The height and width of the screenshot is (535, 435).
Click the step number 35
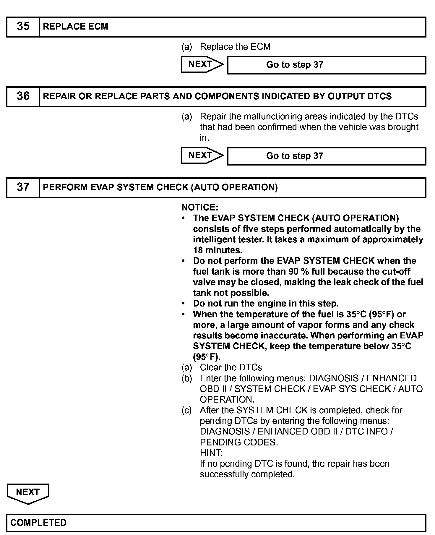tap(23, 27)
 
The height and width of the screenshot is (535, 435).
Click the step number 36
tap(23, 96)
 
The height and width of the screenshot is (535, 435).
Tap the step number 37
tap(23, 187)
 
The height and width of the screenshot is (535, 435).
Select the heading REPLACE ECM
tap(76, 27)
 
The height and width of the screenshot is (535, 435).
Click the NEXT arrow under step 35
tap(202, 64)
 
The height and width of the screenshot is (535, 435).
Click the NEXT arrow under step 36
tap(202, 155)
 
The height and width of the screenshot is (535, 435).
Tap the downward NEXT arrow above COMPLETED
tap(28, 492)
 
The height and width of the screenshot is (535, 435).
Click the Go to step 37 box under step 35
tap(326, 65)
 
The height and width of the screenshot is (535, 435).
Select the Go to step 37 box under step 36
tap(326, 156)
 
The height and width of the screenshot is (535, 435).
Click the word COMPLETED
tap(38, 523)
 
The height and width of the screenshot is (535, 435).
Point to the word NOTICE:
tap(200, 207)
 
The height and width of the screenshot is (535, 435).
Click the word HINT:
tap(211, 453)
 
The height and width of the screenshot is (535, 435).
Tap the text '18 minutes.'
tap(218, 250)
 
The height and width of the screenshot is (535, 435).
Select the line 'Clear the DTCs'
tap(231, 367)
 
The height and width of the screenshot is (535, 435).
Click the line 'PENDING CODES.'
tap(239, 442)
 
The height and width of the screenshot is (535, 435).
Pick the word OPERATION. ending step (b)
tap(227, 400)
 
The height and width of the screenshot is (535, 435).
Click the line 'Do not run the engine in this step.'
tap(266, 304)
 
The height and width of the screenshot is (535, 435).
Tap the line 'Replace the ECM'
tap(235, 47)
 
